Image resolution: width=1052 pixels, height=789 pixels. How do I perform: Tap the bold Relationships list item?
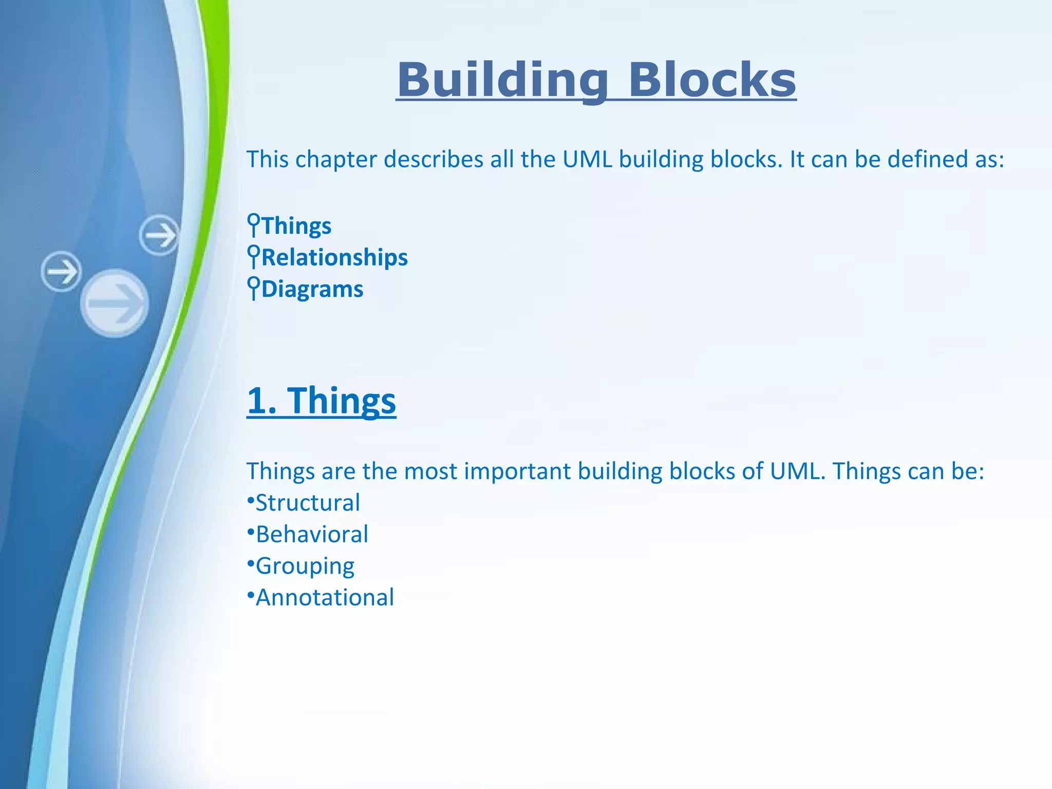click(x=334, y=257)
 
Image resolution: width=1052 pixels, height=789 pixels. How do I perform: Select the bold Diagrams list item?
click(x=312, y=289)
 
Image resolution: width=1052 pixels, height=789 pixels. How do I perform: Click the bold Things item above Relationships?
click(x=297, y=226)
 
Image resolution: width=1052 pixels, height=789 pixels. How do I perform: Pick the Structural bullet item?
click(x=308, y=502)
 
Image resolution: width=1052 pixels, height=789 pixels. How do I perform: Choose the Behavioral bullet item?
click(x=312, y=534)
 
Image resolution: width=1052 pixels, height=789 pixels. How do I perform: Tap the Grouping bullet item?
click(x=305, y=566)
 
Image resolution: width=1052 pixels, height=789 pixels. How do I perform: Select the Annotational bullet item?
click(x=325, y=597)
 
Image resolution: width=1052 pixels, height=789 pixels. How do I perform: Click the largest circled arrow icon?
click(x=115, y=303)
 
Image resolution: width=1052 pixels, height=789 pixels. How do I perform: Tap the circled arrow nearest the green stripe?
click(x=159, y=235)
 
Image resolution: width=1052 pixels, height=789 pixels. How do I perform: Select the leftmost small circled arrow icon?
click(x=61, y=271)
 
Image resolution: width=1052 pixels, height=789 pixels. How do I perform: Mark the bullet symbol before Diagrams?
click(x=253, y=287)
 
